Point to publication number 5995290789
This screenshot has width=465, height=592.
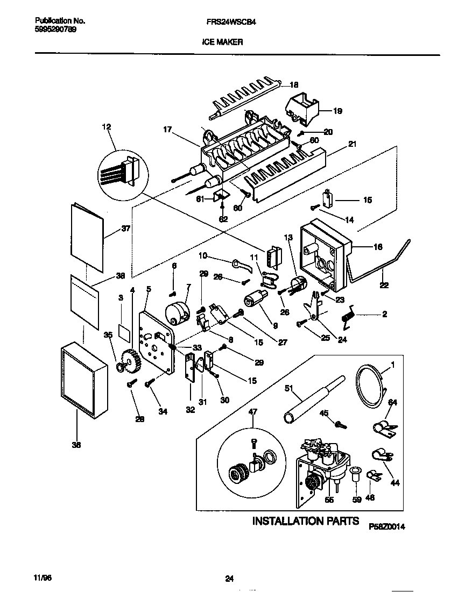click(51, 30)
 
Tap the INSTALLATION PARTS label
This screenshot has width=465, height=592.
click(306, 521)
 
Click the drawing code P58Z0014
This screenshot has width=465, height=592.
click(386, 527)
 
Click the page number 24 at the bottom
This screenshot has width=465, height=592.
click(229, 579)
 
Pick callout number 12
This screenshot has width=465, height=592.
click(106, 127)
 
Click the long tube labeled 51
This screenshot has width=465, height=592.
click(309, 400)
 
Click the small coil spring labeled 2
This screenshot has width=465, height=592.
click(348, 316)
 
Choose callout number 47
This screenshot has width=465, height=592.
click(252, 412)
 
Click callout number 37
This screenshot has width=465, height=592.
click(125, 228)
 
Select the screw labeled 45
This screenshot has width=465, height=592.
click(340, 425)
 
